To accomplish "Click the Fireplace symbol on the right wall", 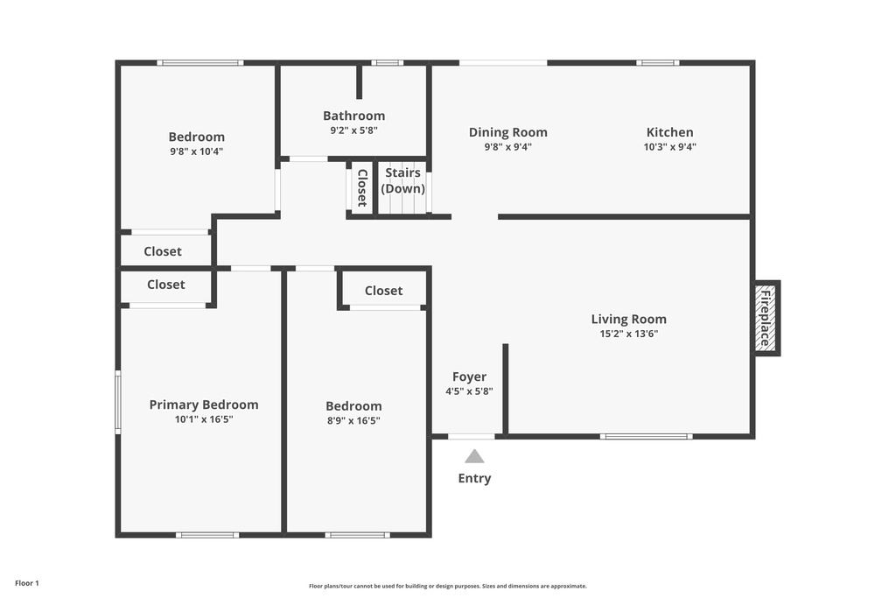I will click(x=766, y=318).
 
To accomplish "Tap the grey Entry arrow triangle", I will click(x=474, y=456).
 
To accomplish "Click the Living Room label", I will click(x=628, y=320).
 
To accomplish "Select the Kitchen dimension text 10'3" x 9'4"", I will click(x=670, y=147).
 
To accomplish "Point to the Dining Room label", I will click(x=507, y=132).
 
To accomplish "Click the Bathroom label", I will click(x=353, y=116).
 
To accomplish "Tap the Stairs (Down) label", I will click(x=403, y=180).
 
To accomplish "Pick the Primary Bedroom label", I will click(x=204, y=405).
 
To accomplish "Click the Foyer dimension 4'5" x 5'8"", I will click(x=469, y=391).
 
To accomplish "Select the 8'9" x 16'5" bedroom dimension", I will click(x=353, y=420).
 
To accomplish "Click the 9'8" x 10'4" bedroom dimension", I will click(x=196, y=151).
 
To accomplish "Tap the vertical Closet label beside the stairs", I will click(x=361, y=187).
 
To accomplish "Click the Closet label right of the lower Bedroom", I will click(x=383, y=291).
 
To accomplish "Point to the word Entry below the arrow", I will click(x=474, y=478).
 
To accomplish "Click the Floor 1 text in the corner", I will click(x=27, y=583).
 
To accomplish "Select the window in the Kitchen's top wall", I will click(x=658, y=63).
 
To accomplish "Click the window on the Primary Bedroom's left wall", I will click(x=118, y=402).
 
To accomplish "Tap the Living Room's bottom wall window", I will click(x=646, y=436).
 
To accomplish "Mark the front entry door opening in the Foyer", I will click(x=471, y=436).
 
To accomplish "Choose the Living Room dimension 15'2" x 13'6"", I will click(x=628, y=334).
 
